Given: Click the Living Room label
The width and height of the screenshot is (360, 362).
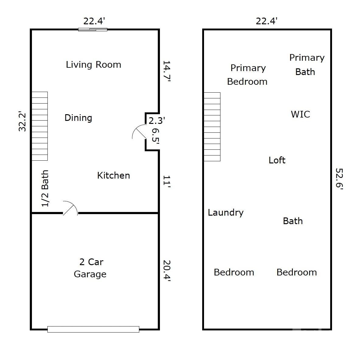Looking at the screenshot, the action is (x=93, y=65).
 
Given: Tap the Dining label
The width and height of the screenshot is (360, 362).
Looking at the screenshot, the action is (x=78, y=118).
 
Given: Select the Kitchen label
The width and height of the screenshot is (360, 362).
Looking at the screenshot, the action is (x=113, y=176).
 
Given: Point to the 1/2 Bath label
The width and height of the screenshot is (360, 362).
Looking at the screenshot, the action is (x=45, y=188).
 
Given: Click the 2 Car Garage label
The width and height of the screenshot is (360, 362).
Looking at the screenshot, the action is (x=90, y=268).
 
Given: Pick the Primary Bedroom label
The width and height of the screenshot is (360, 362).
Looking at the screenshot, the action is (x=247, y=75).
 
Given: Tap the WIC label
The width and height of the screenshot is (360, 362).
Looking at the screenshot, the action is (x=300, y=114).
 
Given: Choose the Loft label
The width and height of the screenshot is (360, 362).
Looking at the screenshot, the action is (x=277, y=160).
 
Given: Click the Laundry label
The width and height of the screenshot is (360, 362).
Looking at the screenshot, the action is (x=226, y=213).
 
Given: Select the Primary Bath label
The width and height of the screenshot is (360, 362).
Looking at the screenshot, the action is (x=307, y=65).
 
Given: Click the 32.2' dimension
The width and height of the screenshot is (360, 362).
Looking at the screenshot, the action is (x=22, y=122).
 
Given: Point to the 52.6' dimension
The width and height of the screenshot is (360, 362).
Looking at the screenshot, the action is (x=339, y=179).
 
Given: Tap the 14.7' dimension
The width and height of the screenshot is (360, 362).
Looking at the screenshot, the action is (x=167, y=71).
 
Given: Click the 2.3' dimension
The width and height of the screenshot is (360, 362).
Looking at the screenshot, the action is (x=157, y=121).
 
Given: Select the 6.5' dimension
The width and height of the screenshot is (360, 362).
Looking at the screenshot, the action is (x=156, y=136).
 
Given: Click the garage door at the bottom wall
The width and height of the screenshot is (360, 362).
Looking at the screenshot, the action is (x=93, y=329).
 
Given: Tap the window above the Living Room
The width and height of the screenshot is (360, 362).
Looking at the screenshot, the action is (x=92, y=29).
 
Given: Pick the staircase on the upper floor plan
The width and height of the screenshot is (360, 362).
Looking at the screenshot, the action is (x=212, y=127).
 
